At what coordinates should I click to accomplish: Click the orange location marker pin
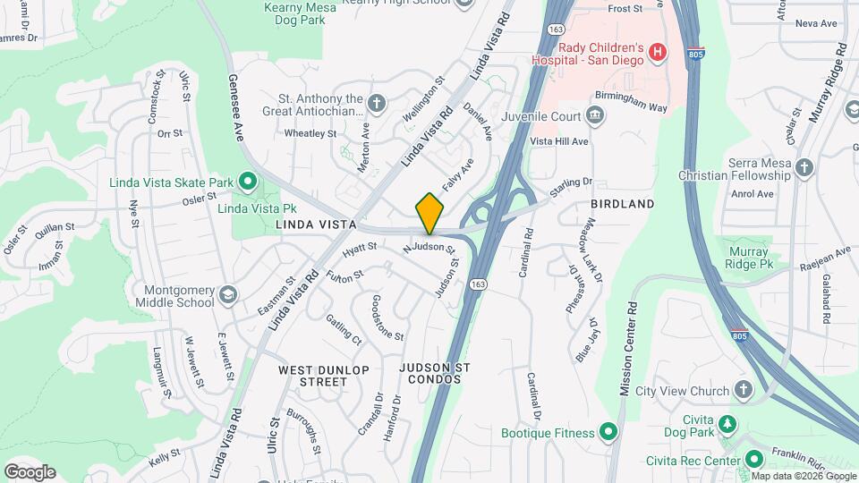pos(429,213)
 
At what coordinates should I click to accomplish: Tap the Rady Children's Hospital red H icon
pos(658,52)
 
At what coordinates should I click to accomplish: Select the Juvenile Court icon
pos(593,114)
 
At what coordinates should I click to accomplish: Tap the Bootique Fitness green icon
pos(608,433)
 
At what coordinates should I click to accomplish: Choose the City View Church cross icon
pos(743,390)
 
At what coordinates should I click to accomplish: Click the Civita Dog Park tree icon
pos(728,423)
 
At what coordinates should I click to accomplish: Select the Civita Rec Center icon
pos(754,461)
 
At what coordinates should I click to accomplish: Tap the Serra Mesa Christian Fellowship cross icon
pos(804,167)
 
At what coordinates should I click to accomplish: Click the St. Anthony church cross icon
pos(377,104)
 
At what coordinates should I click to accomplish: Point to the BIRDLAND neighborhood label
pos(622,204)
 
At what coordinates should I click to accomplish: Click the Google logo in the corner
pos(30,472)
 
